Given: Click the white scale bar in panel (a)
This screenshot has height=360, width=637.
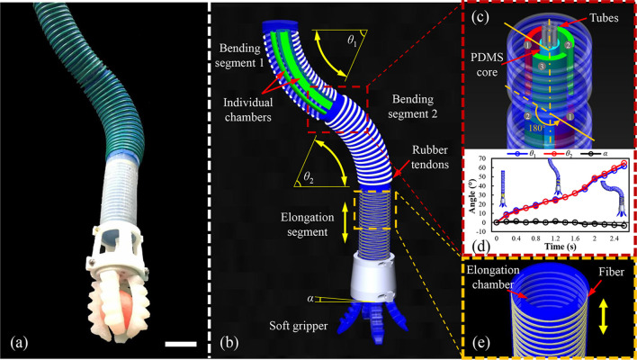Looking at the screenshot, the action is pos(181,344).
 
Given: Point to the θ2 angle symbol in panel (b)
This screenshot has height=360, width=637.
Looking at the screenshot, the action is pos(301,177).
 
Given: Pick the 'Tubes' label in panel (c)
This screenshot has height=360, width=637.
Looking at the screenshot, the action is pos(606,17).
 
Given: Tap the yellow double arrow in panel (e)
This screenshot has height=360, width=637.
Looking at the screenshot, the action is pos(604,317).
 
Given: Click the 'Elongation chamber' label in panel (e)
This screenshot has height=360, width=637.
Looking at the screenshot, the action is pos(492,276).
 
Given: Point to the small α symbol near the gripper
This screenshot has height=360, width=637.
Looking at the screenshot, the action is pos(311,299).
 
